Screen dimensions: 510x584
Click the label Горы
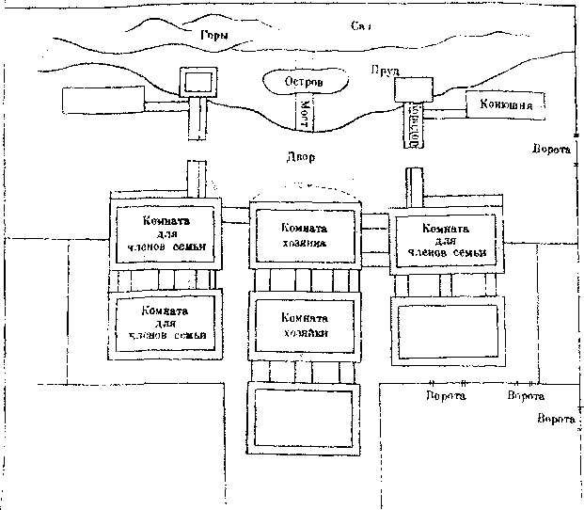pyautogui.click(x=214, y=36)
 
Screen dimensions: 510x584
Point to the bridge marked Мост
pyautogui.click(x=306, y=114)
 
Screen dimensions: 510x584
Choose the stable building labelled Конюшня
pyautogui.click(x=506, y=105)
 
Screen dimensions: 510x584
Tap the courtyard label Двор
pyautogui.click(x=303, y=157)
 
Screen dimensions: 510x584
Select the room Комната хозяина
pyautogui.click(x=304, y=234)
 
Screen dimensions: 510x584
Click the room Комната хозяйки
pyautogui.click(x=304, y=325)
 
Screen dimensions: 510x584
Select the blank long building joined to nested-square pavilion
pyautogui.click(x=102, y=99)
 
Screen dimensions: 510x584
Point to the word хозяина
pyautogui.click(x=304, y=242)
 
